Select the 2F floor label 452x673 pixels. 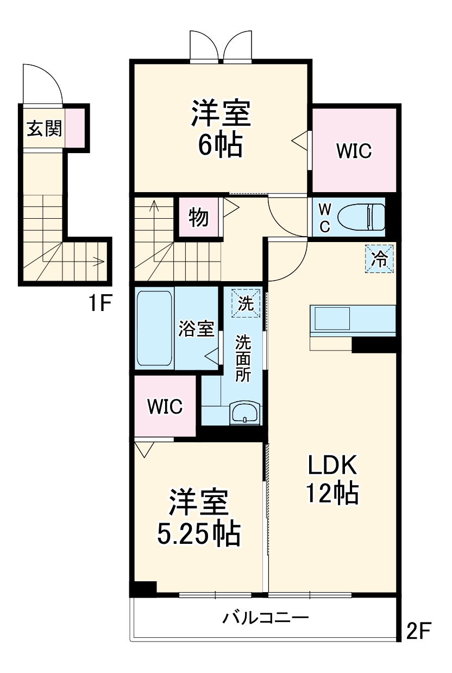tap(419, 630)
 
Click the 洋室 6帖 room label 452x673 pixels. tap(219, 129)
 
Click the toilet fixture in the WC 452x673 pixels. tap(361, 217)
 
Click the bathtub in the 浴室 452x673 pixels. tap(154, 328)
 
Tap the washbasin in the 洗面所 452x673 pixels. tap(245, 414)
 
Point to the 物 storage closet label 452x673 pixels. tap(198, 218)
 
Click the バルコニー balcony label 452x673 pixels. tap(266, 618)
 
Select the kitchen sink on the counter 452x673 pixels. tap(332, 318)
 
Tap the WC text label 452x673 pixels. tap(324, 218)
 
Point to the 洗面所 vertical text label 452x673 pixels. tap(243, 359)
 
